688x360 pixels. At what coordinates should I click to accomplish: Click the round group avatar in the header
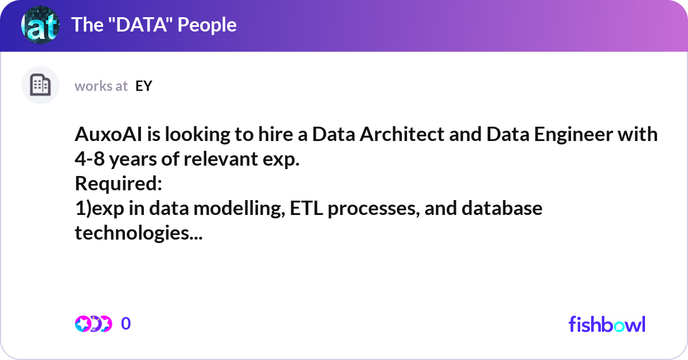pyautogui.click(x=40, y=25)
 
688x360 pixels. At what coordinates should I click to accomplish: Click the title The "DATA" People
pyautogui.click(x=154, y=25)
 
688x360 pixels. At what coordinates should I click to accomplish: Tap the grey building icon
pyautogui.click(x=40, y=85)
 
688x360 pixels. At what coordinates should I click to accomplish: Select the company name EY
pyautogui.click(x=143, y=86)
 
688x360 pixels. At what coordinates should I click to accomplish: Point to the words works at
pyautogui.click(x=101, y=86)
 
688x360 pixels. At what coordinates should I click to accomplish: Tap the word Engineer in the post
pyautogui.click(x=554, y=135)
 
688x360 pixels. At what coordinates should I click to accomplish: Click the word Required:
pyautogui.click(x=119, y=185)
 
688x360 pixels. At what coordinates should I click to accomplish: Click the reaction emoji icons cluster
pyautogui.click(x=93, y=324)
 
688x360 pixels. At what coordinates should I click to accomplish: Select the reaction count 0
pyautogui.click(x=126, y=324)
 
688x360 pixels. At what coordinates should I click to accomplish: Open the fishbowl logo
pyautogui.click(x=607, y=324)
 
